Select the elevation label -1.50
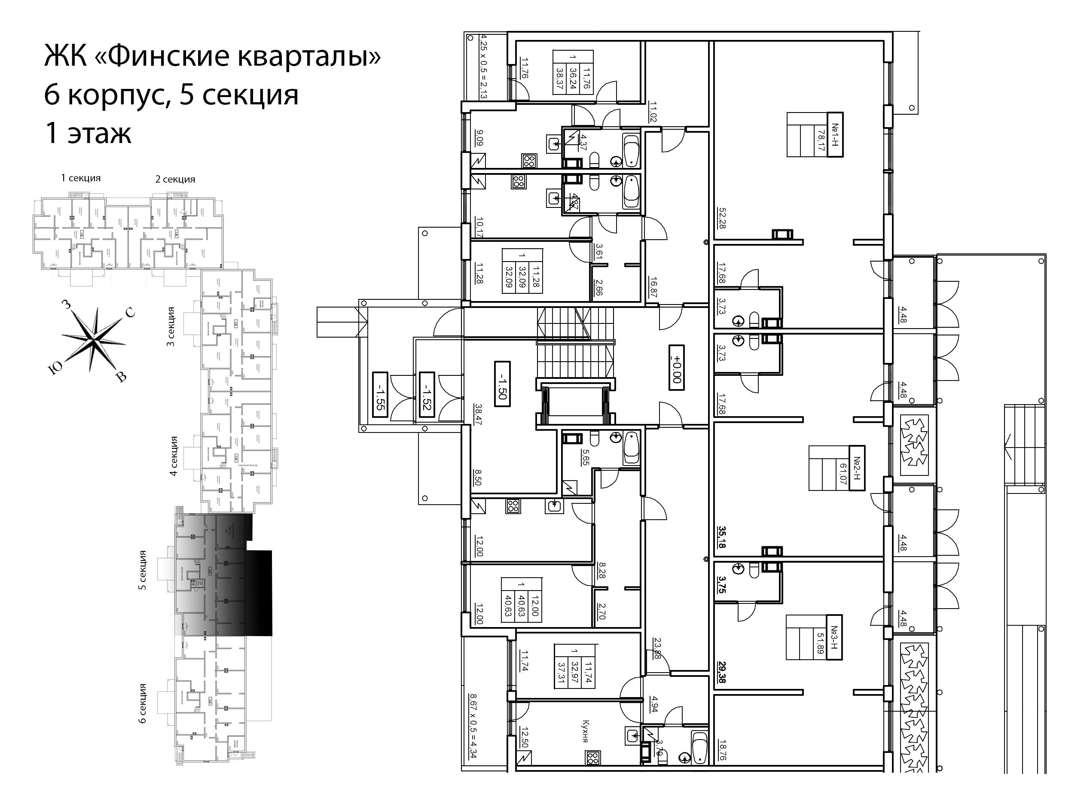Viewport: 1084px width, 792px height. [x=502, y=384]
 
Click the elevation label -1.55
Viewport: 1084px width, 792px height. [x=379, y=394]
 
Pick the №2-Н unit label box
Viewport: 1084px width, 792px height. [x=857, y=468]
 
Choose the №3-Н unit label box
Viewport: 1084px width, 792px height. [x=834, y=637]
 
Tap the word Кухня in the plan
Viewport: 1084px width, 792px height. [x=585, y=731]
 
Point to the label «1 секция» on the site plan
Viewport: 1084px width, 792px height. [x=81, y=178]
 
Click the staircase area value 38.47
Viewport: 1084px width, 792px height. [x=478, y=415]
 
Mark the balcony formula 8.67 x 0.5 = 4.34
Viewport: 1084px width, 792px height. [x=473, y=725]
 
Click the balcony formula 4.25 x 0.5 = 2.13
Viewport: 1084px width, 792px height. [x=483, y=66]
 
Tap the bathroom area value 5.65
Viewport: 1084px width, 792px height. [x=585, y=457]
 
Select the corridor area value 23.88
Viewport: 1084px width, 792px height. [x=657, y=648]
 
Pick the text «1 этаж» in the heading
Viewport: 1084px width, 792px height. [x=88, y=133]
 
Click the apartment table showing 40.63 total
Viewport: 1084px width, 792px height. [x=521, y=600]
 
